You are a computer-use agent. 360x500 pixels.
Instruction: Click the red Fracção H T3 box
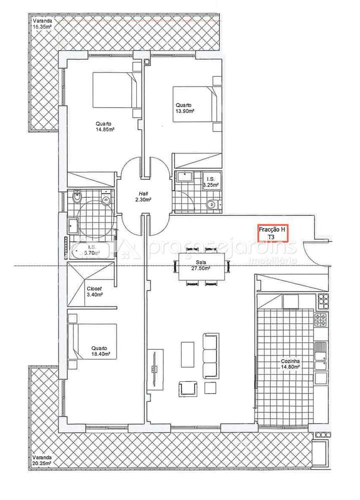point(273,233)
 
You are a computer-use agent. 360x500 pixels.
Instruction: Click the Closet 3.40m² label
point(95,292)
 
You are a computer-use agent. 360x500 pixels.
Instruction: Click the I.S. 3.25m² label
point(211,182)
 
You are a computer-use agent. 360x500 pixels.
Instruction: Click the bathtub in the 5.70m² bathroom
point(92,250)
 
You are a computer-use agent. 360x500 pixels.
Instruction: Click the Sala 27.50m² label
point(200,265)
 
